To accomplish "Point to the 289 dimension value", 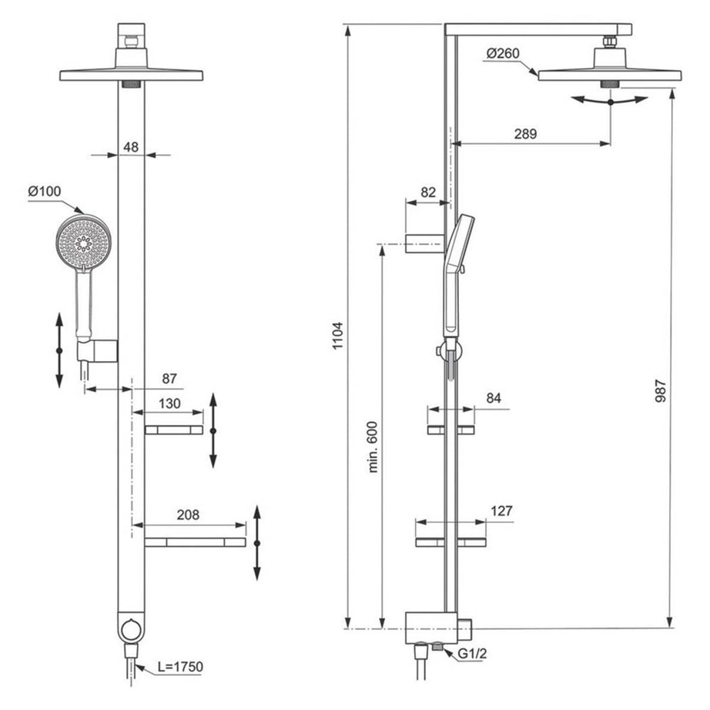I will tap(525, 132).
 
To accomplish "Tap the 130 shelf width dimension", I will tap(169, 404).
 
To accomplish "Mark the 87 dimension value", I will tap(169, 379).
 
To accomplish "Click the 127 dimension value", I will tap(500, 511).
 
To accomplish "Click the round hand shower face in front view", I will tap(83, 243).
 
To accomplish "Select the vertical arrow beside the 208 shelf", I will tap(257, 543).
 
